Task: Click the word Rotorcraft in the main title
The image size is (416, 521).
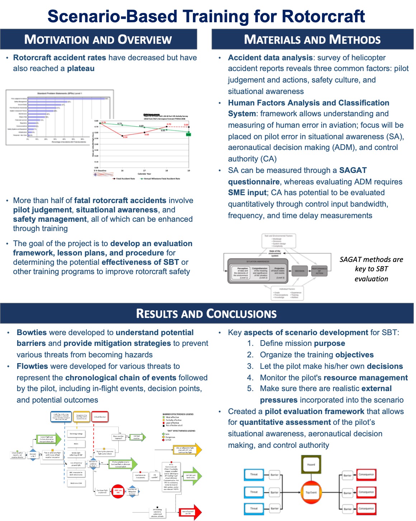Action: click(x=323, y=17)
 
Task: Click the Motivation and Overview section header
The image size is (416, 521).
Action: click(x=98, y=39)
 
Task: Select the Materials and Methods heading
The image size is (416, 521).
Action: click(x=312, y=39)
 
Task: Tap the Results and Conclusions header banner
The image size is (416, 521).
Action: click(x=207, y=314)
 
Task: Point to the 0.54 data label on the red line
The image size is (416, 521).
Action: click(x=125, y=137)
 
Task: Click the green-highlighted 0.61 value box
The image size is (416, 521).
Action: click(x=189, y=135)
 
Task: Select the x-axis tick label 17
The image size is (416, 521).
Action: click(x=144, y=171)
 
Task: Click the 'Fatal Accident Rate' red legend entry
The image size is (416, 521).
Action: click(x=123, y=178)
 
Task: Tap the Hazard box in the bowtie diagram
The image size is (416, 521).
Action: click(x=311, y=465)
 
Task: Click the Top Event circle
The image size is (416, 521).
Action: click(x=311, y=492)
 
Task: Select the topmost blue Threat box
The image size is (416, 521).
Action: click(x=254, y=474)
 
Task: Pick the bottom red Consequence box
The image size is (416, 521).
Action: click(x=366, y=508)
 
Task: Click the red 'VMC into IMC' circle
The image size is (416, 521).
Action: click(x=118, y=491)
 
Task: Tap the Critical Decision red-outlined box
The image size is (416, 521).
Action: click(x=100, y=417)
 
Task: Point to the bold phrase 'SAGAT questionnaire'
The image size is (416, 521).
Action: click(x=254, y=182)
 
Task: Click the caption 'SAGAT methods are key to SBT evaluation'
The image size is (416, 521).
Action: click(x=371, y=269)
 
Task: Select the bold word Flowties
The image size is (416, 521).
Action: click(x=32, y=366)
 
